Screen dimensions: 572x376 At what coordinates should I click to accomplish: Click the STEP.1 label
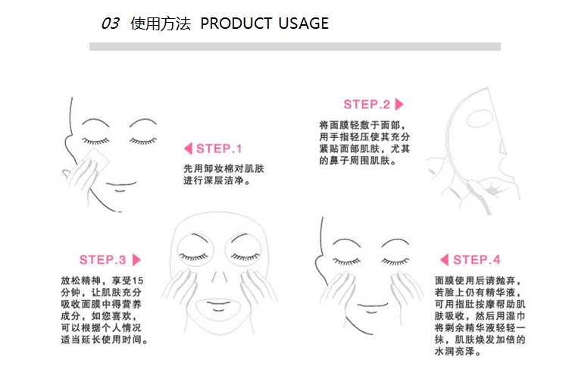click(219, 149)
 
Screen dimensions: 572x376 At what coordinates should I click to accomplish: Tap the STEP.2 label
click(367, 105)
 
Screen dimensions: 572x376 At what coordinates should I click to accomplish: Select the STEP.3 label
click(102, 260)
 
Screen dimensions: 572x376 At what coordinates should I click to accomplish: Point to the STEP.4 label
click(477, 260)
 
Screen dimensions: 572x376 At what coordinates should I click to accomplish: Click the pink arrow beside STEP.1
click(188, 149)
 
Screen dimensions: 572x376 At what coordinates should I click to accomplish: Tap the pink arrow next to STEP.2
click(399, 105)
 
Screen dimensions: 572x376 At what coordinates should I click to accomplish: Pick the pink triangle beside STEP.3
click(136, 260)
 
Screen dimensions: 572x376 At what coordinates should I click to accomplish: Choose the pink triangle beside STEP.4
click(444, 260)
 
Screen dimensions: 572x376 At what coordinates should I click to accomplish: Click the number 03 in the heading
click(110, 23)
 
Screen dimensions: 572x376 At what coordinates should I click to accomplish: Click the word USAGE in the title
click(303, 23)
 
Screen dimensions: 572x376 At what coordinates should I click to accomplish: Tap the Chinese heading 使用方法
click(161, 23)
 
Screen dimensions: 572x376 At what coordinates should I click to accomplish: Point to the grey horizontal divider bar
click(295, 47)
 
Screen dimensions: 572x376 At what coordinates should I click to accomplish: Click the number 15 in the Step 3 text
click(138, 280)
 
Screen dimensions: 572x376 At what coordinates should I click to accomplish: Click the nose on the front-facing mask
click(219, 277)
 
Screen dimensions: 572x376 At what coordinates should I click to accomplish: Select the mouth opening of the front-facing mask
click(218, 308)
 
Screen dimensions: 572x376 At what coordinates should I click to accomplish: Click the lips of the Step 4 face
click(373, 306)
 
